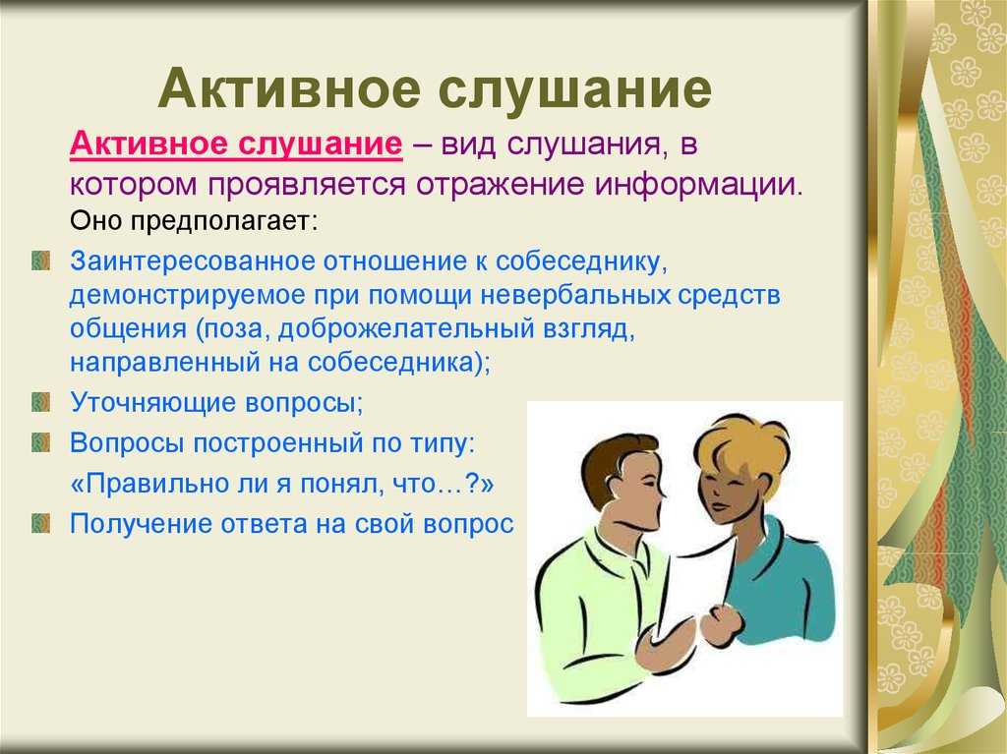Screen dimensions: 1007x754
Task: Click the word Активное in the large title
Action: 290,88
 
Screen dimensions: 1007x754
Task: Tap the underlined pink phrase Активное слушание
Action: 236,144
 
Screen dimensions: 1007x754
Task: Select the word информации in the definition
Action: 699,186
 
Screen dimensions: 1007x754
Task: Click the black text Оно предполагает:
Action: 194,221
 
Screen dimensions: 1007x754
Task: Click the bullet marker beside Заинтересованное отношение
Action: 40,261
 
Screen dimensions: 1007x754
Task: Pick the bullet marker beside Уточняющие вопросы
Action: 40,403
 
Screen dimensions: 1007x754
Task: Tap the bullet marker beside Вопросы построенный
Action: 40,442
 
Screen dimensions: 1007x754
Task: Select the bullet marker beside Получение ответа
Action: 40,523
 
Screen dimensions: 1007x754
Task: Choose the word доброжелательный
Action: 406,329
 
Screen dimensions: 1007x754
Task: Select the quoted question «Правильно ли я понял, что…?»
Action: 282,483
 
